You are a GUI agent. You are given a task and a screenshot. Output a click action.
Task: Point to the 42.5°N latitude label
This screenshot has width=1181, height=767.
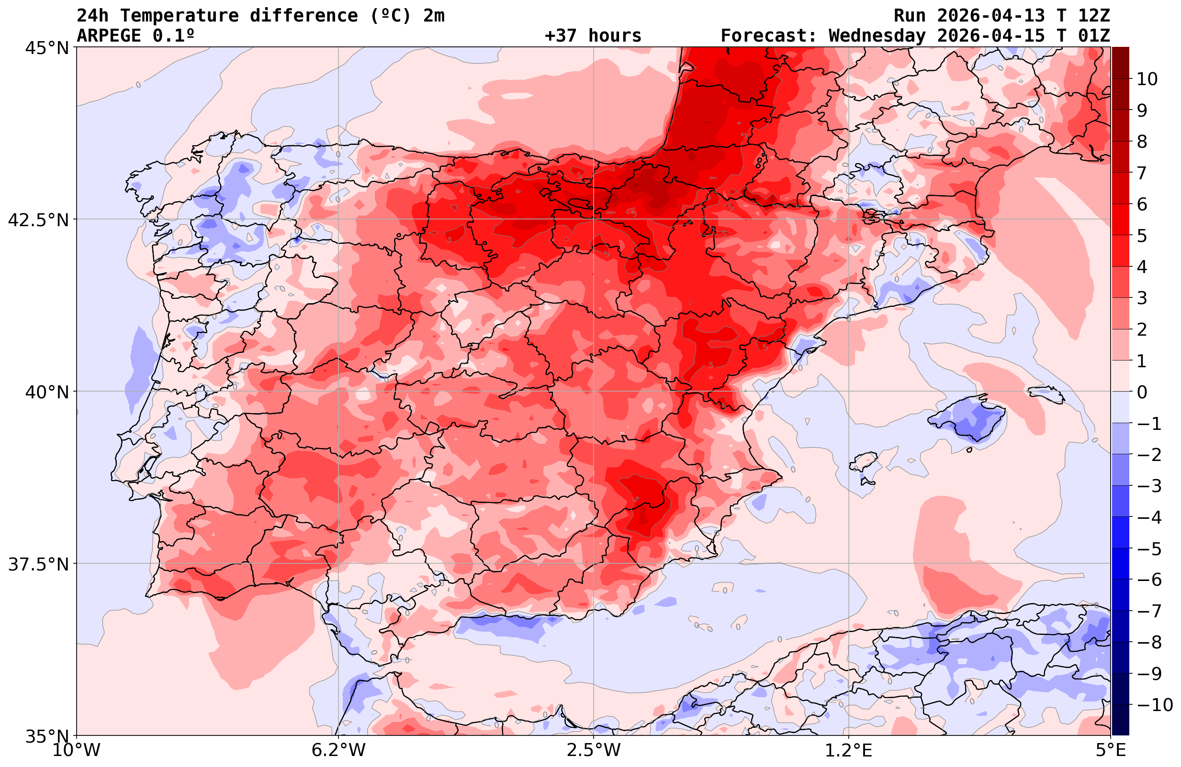click(x=38, y=219)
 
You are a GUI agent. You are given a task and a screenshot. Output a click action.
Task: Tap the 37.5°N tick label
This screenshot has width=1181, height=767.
click(x=38, y=564)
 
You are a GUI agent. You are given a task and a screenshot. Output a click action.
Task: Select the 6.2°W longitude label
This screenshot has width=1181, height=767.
click(x=338, y=750)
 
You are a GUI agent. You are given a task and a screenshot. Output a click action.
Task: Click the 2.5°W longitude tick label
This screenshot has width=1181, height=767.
click(x=594, y=750)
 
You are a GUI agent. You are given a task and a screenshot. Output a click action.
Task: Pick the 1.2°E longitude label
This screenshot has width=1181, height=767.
click(x=849, y=750)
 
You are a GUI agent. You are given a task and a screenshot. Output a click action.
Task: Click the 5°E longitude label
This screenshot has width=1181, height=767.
click(x=1111, y=750)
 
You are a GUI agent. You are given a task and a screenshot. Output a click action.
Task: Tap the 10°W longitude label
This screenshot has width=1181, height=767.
click(x=76, y=750)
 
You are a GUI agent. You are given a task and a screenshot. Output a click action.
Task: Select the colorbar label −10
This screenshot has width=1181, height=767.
click(x=1154, y=704)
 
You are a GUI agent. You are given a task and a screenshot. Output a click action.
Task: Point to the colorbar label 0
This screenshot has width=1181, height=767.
click(x=1142, y=392)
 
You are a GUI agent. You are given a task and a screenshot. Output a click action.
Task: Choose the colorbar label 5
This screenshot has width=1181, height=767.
click(x=1142, y=236)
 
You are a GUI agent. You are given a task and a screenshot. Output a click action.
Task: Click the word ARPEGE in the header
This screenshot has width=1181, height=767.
click(x=109, y=36)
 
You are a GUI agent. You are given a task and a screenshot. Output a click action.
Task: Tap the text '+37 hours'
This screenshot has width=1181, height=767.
click(x=593, y=36)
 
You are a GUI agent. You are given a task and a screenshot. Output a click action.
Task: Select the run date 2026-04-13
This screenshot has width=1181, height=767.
click(x=990, y=16)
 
